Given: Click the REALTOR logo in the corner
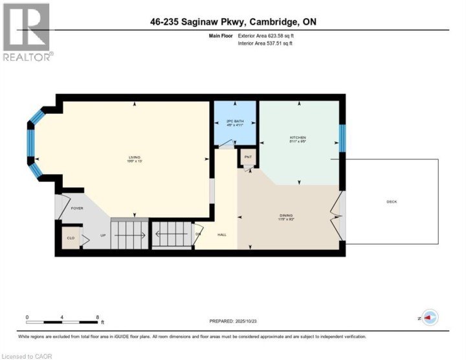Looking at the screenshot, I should pyautogui.click(x=27, y=32).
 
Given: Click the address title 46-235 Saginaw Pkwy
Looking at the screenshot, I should pyautogui.click(x=232, y=23).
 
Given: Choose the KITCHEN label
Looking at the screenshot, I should pyautogui.click(x=298, y=137).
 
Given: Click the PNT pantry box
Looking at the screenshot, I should pyautogui.click(x=248, y=157).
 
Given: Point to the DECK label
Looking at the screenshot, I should pyautogui.click(x=392, y=202).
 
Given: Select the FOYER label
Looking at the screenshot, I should pyautogui.click(x=77, y=208).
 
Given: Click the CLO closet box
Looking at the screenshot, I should pyautogui.click(x=71, y=237).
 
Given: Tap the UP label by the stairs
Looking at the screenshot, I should pyautogui.click(x=102, y=235).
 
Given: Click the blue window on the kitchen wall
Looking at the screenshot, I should pyautogui.click(x=343, y=137).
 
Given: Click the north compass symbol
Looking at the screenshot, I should pyautogui.click(x=430, y=317).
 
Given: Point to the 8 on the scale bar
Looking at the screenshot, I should pyautogui.click(x=98, y=317).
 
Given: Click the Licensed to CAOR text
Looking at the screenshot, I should pyautogui.click(x=27, y=355).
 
